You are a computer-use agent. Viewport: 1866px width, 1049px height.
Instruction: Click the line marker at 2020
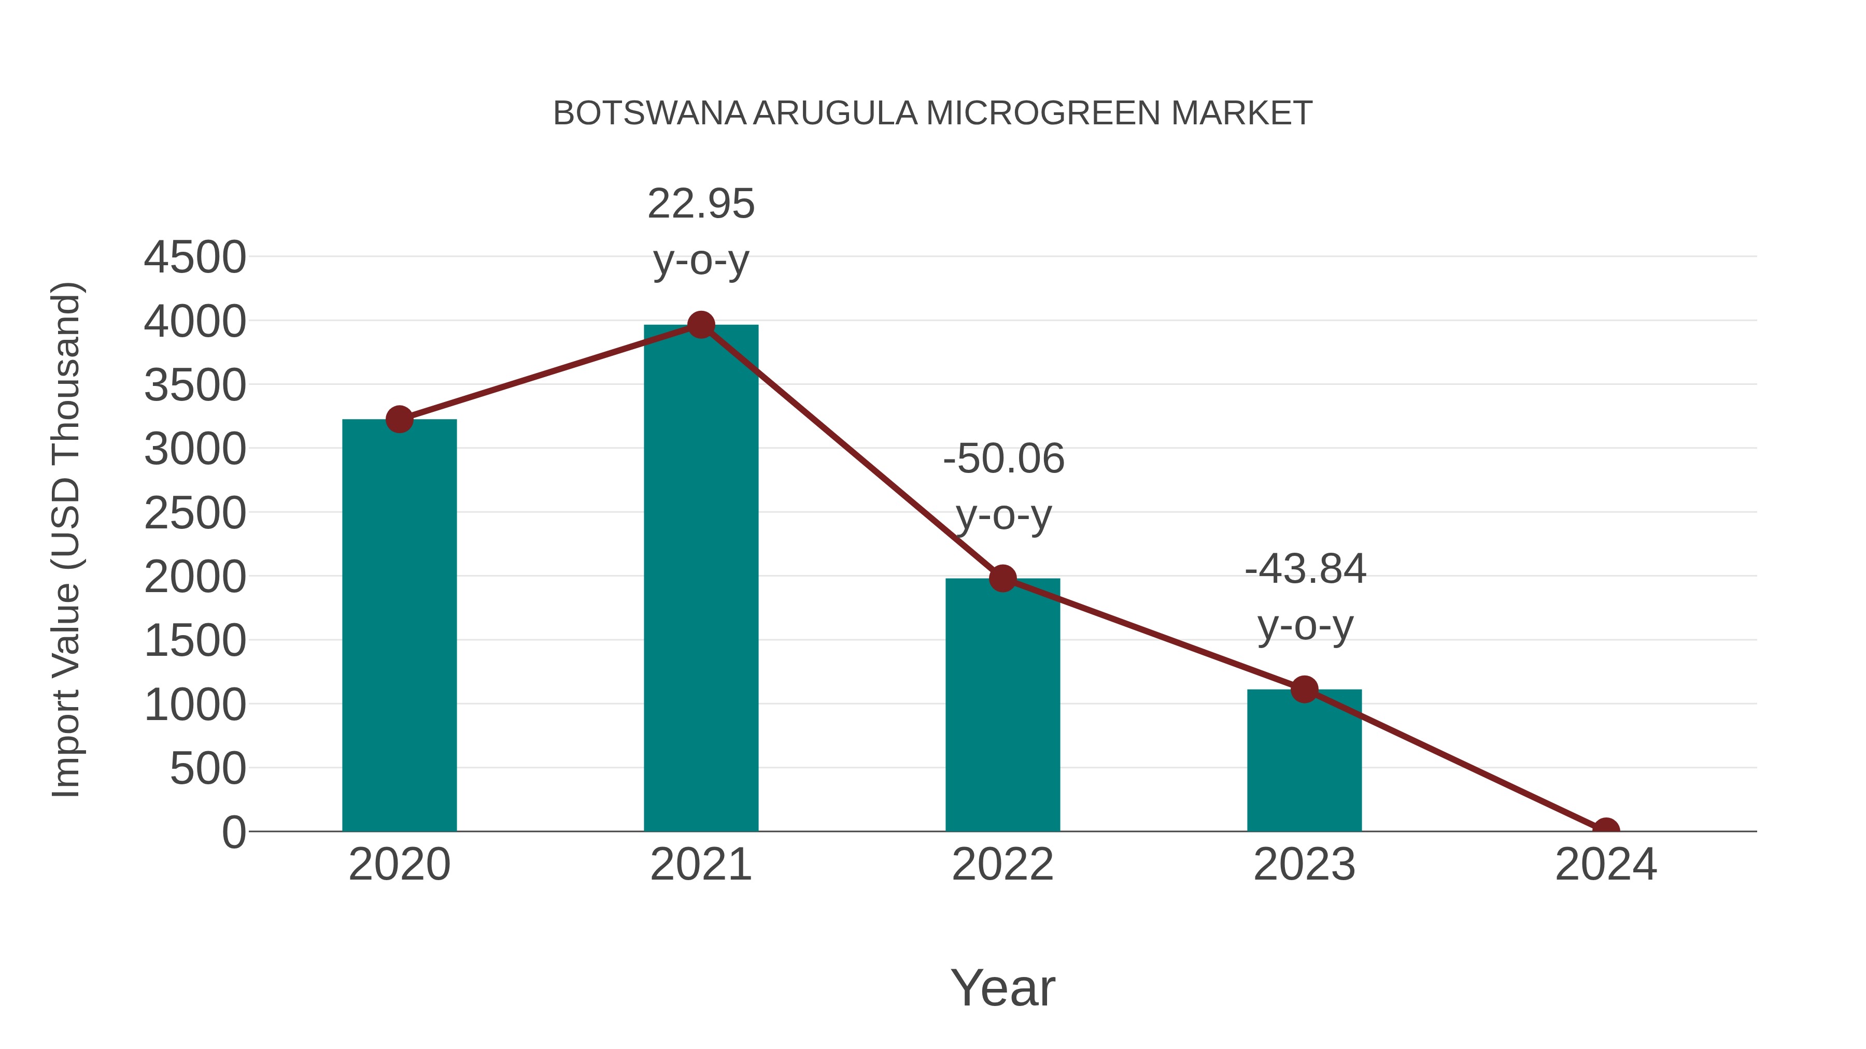(399, 419)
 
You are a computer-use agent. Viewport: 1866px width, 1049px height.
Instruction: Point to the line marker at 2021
(700, 325)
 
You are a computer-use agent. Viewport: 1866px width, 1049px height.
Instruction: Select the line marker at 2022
(1002, 579)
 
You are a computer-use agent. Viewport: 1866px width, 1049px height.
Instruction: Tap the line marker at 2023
(1304, 689)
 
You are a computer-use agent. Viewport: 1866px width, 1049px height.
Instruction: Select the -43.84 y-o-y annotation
(1305, 597)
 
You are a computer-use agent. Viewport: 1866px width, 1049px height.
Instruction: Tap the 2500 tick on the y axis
(195, 513)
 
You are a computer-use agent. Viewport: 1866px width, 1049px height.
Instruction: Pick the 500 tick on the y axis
(208, 768)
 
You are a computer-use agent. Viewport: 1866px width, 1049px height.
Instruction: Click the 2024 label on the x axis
(1605, 865)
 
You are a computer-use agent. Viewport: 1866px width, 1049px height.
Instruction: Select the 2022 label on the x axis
(1002, 865)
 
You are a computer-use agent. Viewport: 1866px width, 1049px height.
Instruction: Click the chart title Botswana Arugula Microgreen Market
(932, 113)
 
